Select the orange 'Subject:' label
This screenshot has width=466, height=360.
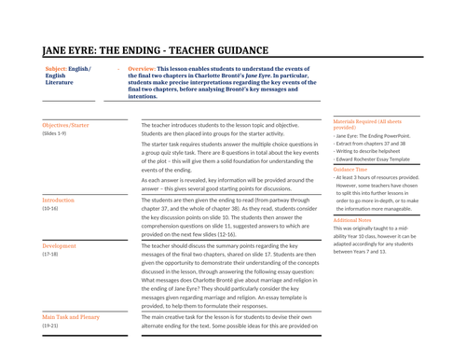point(60,70)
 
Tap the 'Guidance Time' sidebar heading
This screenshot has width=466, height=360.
point(355,170)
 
